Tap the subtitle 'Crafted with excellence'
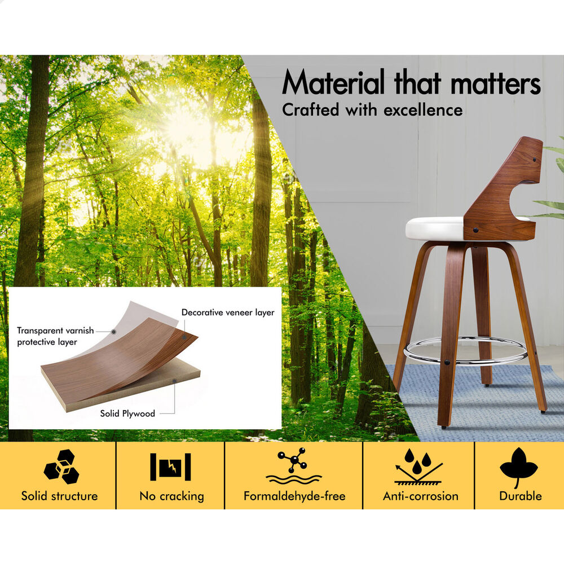point(372,110)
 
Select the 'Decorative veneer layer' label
point(228,312)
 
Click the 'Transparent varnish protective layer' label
point(55,336)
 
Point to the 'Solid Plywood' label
point(127,413)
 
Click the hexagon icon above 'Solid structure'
point(61,466)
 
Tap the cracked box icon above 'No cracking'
point(170,466)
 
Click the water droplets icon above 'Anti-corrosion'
point(418,466)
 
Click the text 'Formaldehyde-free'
point(294,496)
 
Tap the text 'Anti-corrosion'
point(421,496)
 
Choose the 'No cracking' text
point(171,496)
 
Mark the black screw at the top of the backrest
point(535,160)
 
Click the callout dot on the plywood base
point(174,381)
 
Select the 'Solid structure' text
point(59,496)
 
